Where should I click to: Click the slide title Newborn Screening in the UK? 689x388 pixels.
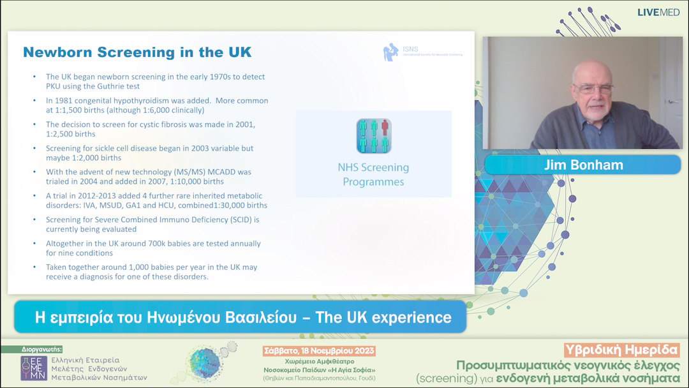[x=137, y=52]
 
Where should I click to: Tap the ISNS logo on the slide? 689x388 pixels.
[x=390, y=52]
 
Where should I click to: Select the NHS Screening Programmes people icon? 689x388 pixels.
[x=373, y=135]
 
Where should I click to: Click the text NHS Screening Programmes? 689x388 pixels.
[x=373, y=174]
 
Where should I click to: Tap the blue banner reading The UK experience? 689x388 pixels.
[x=241, y=317]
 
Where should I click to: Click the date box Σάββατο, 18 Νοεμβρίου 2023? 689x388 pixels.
[x=319, y=351]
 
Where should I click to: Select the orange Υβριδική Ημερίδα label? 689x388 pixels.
[x=622, y=350]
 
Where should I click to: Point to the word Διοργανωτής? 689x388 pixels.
[x=41, y=349]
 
